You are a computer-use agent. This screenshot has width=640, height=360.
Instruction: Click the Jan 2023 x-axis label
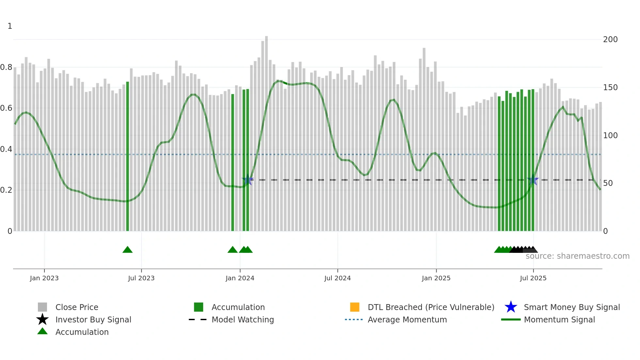(x=44, y=278)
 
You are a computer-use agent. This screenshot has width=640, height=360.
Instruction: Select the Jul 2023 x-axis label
(x=141, y=278)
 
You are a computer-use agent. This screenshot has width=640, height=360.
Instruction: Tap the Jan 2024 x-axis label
(x=240, y=278)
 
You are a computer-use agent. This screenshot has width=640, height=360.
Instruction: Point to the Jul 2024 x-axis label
(x=337, y=278)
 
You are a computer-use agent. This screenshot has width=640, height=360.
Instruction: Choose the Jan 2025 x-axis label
(x=436, y=278)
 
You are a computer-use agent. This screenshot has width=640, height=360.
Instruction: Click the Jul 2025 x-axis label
(x=533, y=278)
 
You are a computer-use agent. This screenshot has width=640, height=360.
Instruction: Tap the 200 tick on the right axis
(x=610, y=40)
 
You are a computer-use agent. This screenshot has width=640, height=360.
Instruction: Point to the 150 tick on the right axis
(x=610, y=88)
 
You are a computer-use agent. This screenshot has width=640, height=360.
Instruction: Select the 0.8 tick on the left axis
(x=6, y=67)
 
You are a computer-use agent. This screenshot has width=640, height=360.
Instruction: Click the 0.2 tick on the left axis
(x=6, y=190)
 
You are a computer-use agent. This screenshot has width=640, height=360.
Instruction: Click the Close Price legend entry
(x=77, y=307)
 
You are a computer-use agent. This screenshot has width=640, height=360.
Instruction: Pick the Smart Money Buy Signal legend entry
(x=571, y=307)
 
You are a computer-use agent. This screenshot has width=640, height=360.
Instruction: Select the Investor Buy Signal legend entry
(x=93, y=319)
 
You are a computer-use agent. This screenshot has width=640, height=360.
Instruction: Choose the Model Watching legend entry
(x=243, y=319)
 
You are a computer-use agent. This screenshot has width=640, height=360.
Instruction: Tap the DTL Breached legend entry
(x=431, y=307)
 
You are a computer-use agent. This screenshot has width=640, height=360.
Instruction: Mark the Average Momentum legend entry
(x=407, y=319)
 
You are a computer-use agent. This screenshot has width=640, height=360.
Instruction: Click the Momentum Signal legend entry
(x=559, y=319)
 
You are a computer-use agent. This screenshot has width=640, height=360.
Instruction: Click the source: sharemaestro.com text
(x=577, y=256)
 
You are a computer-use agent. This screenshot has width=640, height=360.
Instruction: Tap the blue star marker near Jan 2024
(x=248, y=180)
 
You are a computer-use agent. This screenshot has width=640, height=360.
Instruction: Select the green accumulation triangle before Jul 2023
(x=127, y=250)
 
